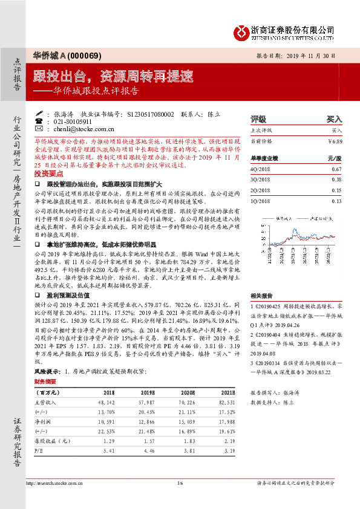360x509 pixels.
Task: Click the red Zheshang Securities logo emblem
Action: [242, 31]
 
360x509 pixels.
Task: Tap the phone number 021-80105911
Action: [74, 121]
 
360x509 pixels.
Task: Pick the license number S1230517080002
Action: [151, 113]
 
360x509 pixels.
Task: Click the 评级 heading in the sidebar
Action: [258, 119]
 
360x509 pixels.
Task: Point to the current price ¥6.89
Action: [335, 141]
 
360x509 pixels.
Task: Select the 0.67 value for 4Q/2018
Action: [337, 170]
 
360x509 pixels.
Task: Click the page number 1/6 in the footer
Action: [179, 484]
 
